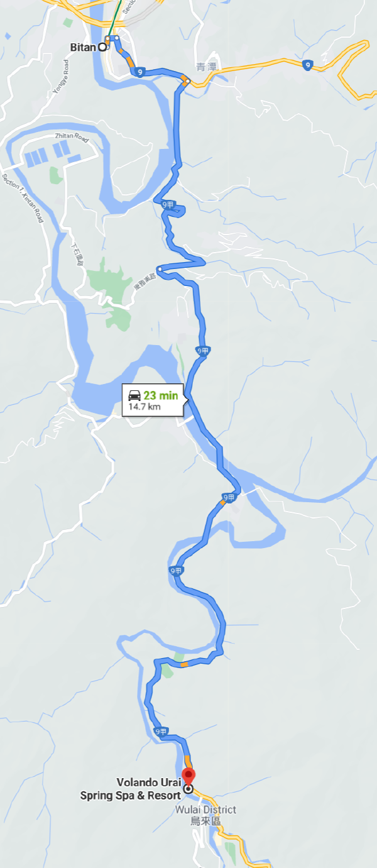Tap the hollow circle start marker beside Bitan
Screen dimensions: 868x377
coord(102,47)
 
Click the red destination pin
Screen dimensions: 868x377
coord(188,775)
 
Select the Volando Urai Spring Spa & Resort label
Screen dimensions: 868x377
coord(130,789)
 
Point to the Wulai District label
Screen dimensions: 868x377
coord(206,810)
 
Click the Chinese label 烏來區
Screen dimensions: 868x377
coord(206,821)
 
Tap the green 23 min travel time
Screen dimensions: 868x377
coord(160,396)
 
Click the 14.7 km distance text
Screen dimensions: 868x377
coord(145,407)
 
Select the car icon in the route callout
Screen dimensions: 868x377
coord(134,396)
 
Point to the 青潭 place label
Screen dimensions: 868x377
coord(205,67)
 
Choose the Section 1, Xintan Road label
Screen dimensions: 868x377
coord(23,198)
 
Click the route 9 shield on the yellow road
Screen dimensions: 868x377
coord(307,64)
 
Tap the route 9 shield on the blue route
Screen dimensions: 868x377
coord(139,73)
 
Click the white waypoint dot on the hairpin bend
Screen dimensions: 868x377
coord(160,270)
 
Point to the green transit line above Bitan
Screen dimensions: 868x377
coord(113,19)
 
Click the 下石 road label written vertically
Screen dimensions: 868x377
coord(77,254)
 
